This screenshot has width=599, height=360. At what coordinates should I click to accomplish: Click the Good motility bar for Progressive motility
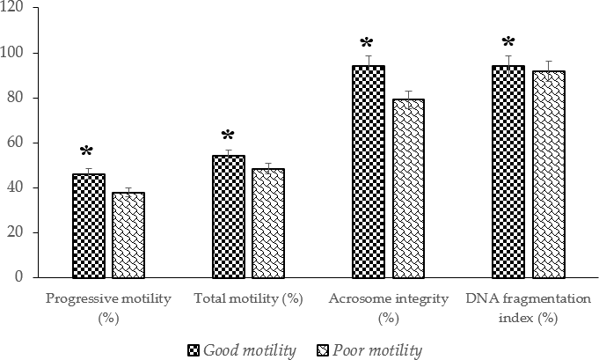pyautogui.click(x=88, y=225)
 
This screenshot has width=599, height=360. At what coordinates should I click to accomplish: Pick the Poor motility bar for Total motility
pyautogui.click(x=268, y=223)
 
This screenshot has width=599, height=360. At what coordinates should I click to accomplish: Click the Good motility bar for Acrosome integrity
pyautogui.click(x=369, y=172)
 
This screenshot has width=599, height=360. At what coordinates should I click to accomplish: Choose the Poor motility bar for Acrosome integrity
pyautogui.click(x=408, y=188)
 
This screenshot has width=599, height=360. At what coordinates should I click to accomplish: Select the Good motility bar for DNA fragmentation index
pyautogui.click(x=508, y=172)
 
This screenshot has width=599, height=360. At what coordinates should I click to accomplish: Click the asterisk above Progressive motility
pyautogui.click(x=87, y=152)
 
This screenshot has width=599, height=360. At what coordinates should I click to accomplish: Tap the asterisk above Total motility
pyautogui.click(x=228, y=136)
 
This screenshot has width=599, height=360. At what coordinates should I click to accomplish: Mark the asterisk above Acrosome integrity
pyautogui.click(x=367, y=43)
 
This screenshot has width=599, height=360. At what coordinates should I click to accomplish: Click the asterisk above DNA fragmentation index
pyautogui.click(x=507, y=41)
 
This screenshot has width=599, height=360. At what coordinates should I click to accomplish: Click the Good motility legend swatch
pyautogui.click(x=193, y=350)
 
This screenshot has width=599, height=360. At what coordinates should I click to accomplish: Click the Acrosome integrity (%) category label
pyautogui.click(x=388, y=306)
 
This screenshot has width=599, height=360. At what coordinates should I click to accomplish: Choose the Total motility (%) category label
pyautogui.click(x=248, y=298)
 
